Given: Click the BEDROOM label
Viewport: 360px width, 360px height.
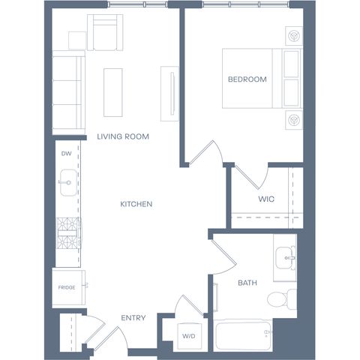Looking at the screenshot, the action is pyautogui.click(x=247, y=79).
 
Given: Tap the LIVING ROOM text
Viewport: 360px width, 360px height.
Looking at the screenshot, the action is pyautogui.click(x=123, y=136).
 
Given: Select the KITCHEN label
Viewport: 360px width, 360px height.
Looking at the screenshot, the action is pyautogui.click(x=136, y=204).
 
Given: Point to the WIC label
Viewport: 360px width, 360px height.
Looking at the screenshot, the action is pyautogui.click(x=266, y=199).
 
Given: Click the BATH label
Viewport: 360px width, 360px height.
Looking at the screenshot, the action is pyautogui.click(x=247, y=283).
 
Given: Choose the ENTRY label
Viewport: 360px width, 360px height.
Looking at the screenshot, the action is pyautogui.click(x=133, y=318).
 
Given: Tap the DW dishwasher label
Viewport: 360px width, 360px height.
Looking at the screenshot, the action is pyautogui.click(x=67, y=154).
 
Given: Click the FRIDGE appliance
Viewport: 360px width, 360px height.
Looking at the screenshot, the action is pyautogui.click(x=69, y=287).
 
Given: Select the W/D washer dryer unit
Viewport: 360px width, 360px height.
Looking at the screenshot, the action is pyautogui.click(x=189, y=336).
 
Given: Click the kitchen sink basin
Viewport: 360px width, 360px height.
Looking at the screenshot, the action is pyautogui.click(x=68, y=183).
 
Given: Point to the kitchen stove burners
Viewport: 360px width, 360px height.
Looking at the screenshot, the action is pyautogui.click(x=68, y=233).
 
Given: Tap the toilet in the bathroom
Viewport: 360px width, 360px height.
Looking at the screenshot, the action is pyautogui.click(x=282, y=298).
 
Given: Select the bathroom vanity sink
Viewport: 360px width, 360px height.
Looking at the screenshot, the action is pyautogui.click(x=286, y=258).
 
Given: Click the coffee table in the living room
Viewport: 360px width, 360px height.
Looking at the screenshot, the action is pyautogui.click(x=113, y=92).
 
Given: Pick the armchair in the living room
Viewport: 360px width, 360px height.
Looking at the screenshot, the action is pyautogui.click(x=105, y=32).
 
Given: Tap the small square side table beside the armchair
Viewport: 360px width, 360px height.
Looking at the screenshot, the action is pyautogui.click(x=77, y=40).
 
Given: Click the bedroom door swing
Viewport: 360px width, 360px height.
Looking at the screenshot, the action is pyautogui.click(x=205, y=153).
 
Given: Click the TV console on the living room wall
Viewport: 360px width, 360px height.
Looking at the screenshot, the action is pyautogui.click(x=169, y=94).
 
